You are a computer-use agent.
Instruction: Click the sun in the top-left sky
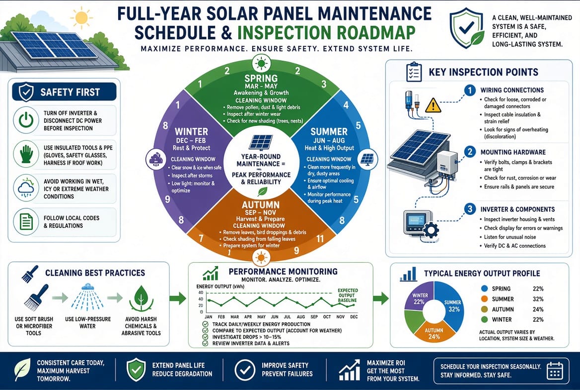coord(81,18)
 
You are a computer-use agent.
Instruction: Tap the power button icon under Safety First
coord(26,120)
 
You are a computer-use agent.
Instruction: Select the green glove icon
coord(26,154)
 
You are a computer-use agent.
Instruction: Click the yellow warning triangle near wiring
coord(433,105)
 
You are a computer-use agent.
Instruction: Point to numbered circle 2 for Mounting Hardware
coord(470,152)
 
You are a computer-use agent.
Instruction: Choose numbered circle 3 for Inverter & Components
coord(470,209)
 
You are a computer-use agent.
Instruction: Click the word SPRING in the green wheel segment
coord(261,78)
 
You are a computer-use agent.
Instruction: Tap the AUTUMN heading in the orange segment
coord(261,204)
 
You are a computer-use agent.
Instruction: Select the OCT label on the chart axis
coord(327,317)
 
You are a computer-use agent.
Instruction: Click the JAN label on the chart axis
coord(208,317)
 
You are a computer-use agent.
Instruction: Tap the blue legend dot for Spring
coord(484,289)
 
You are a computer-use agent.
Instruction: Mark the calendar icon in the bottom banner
coord(555,370)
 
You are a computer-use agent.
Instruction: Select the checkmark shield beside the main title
coord(466,29)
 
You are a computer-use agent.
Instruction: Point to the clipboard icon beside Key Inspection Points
coord(414,72)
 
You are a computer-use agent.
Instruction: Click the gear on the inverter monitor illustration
coord(430,231)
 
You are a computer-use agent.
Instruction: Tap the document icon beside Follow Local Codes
coord(26,222)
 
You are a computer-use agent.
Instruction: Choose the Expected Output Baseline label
coord(348,295)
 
